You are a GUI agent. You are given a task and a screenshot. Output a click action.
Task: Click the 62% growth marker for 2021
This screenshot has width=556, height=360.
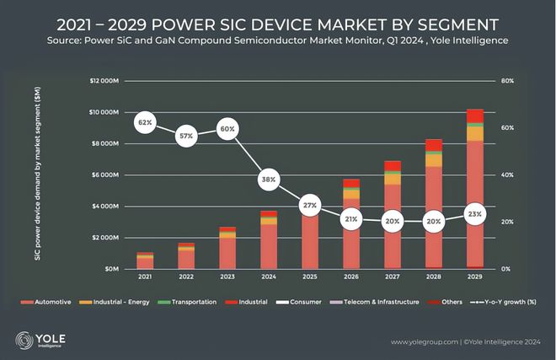click(x=145, y=122)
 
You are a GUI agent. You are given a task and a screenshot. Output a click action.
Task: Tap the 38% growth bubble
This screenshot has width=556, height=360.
click(x=269, y=180)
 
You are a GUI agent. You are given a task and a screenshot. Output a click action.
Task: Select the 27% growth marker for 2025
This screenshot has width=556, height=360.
click(x=309, y=205)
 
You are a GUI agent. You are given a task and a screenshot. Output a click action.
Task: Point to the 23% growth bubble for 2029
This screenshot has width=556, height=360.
click(x=475, y=214)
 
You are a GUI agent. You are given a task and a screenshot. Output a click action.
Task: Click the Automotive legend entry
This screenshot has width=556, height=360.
click(x=45, y=302)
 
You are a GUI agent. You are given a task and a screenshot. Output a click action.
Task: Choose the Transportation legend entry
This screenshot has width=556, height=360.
click(x=186, y=302)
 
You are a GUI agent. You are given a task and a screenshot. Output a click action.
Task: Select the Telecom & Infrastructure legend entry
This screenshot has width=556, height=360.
click(x=374, y=302)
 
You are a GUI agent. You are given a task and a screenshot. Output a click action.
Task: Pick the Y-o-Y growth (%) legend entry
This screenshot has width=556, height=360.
click(x=503, y=302)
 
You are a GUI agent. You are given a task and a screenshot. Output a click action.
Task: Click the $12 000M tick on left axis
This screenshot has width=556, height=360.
click(x=104, y=81)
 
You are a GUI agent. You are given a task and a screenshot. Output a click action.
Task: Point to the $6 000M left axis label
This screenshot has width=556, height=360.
click(x=105, y=175)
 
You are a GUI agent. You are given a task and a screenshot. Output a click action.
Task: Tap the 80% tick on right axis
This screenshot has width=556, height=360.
click(x=507, y=81)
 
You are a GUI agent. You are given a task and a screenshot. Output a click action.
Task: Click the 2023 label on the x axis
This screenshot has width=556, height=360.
click(x=227, y=277)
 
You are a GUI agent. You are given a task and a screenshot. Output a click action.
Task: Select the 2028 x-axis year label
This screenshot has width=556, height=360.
click(x=433, y=277)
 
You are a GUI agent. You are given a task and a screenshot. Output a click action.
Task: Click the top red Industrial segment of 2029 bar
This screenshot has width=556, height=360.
click(x=475, y=116)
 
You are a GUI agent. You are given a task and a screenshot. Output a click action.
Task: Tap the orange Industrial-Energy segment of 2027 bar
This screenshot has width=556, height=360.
click(x=393, y=180)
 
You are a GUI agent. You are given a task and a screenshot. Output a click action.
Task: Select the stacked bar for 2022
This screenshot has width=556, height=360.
click(x=186, y=256)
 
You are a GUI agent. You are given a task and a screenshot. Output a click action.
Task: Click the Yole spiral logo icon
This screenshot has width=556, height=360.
click(x=24, y=341)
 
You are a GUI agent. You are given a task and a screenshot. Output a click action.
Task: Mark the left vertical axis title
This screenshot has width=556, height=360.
click(x=38, y=174)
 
